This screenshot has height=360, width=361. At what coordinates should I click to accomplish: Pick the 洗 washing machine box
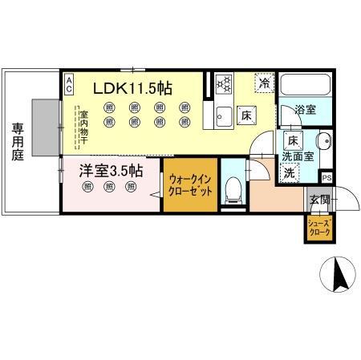click(x=288, y=172)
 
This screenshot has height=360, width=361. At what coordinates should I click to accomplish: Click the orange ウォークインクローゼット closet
click(x=189, y=187)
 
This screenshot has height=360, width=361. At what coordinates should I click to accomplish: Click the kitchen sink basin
click(x=223, y=115)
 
